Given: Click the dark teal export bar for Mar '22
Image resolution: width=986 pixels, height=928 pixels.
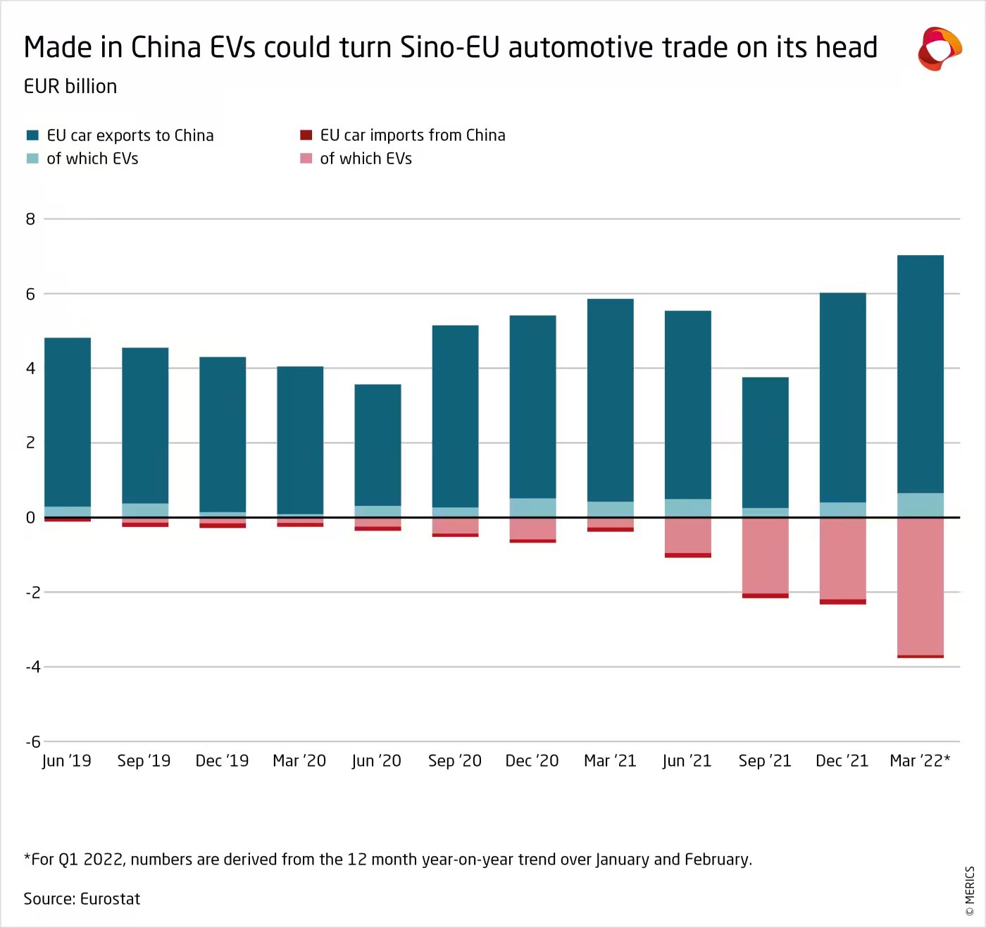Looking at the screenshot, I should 920,373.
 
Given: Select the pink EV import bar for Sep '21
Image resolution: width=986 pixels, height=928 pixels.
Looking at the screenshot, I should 765,556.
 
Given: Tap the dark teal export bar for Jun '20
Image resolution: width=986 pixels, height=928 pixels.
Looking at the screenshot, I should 377,445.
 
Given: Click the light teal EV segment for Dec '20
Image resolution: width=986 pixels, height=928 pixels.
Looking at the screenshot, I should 532,507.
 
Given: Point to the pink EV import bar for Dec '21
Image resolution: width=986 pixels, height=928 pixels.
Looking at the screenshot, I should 842,559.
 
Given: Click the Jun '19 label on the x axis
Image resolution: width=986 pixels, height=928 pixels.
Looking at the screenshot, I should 67,761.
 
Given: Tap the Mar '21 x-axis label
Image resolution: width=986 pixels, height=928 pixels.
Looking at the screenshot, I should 610,761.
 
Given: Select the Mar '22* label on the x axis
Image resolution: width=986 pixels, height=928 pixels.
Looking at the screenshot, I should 920,761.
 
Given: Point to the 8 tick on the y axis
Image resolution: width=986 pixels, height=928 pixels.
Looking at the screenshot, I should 30,219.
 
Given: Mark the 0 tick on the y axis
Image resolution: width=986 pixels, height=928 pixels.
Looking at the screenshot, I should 30,518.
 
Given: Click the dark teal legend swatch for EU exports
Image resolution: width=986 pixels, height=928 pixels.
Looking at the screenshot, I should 32,135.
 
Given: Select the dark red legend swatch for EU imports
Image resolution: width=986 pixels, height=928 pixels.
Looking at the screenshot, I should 306,135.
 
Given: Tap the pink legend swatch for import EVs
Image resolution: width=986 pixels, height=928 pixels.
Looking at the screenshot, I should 306,159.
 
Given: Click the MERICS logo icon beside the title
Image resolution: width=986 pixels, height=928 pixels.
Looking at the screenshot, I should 939,49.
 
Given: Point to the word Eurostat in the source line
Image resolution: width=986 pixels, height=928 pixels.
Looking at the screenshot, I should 111,899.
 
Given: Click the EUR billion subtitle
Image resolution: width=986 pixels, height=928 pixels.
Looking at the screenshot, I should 70,87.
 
